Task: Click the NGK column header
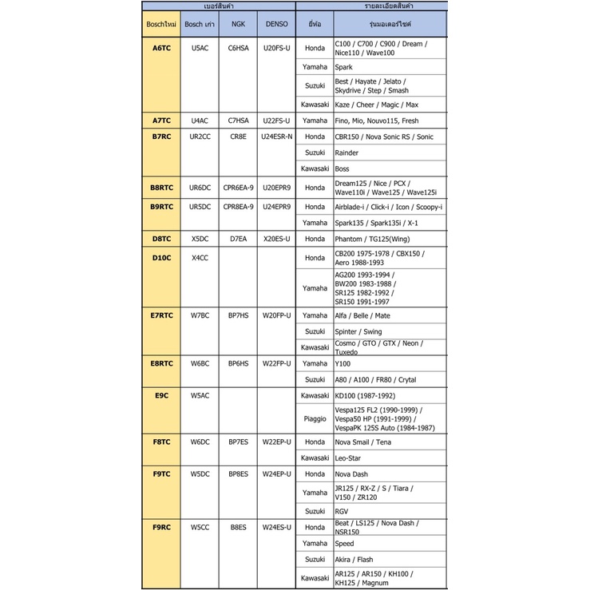[x=238, y=24]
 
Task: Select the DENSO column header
[x=277, y=24]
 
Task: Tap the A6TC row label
[x=161, y=48]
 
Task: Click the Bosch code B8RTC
[x=161, y=188]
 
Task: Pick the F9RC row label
[x=161, y=527]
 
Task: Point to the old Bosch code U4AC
[x=200, y=121]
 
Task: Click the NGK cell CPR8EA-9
[x=238, y=207]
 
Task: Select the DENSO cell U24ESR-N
[x=277, y=137]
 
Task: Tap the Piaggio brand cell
[x=315, y=418]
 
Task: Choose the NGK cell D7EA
[x=238, y=239]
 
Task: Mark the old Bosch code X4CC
[x=200, y=258]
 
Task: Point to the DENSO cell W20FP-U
[x=277, y=315]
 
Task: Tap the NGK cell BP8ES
[x=238, y=474]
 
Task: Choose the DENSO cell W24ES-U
[x=277, y=527]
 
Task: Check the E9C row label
[x=161, y=395]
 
